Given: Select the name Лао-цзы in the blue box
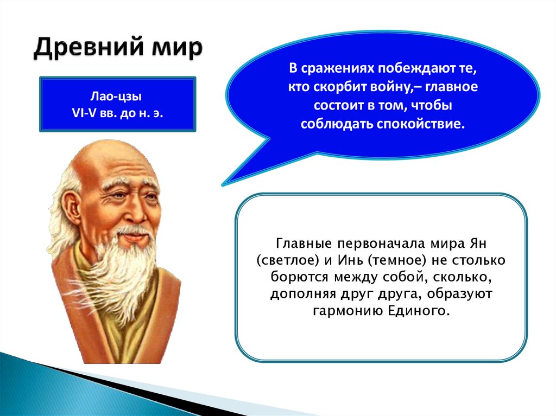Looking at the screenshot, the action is (x=116, y=97).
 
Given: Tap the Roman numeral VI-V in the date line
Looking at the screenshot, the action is (x=84, y=113).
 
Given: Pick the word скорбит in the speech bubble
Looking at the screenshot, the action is (x=340, y=87).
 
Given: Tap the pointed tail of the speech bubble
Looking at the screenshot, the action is (x=223, y=184).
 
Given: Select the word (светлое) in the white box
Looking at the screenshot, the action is (x=288, y=261).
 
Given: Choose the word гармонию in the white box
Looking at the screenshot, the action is (x=347, y=311).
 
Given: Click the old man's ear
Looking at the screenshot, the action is (x=75, y=208).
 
